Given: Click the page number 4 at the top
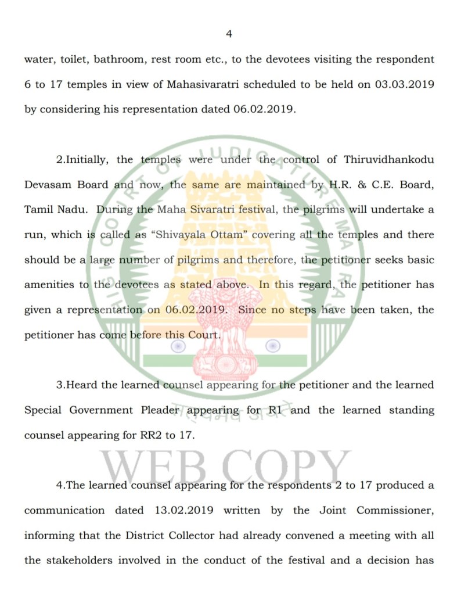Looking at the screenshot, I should click(229, 34).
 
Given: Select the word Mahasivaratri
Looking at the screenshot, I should click(203, 84).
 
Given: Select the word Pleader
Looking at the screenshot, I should click(160, 410).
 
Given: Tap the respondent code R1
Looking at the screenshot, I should click(275, 410).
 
